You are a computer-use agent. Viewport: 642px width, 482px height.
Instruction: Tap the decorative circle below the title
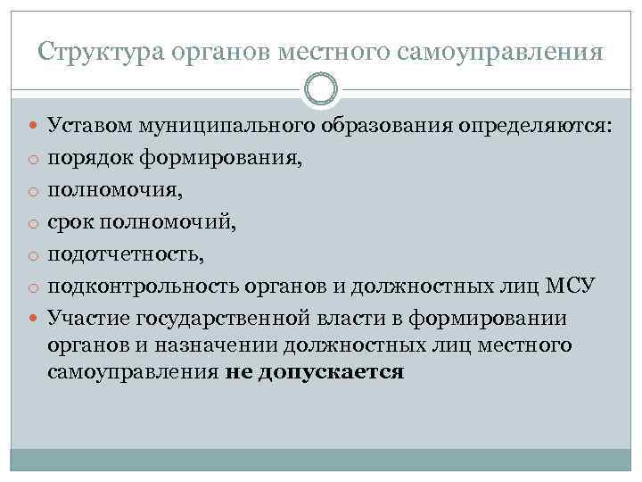(x=321, y=88)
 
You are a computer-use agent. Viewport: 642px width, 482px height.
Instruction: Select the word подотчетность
(x=126, y=254)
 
